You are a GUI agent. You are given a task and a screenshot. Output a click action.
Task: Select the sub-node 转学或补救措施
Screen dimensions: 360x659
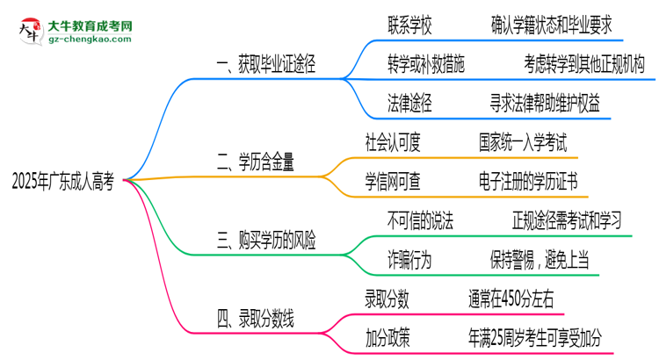coord(426,64)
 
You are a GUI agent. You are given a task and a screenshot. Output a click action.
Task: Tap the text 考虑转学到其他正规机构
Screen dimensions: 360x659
coord(583,64)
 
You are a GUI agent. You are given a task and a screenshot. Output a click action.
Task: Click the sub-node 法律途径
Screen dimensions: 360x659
coord(409,104)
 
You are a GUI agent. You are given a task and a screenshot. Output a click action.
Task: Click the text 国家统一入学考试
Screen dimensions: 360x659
coord(524,140)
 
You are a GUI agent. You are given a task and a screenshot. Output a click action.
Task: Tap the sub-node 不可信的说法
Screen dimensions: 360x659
coord(420,219)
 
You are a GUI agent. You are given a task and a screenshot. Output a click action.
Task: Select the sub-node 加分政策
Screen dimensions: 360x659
coord(387,336)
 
